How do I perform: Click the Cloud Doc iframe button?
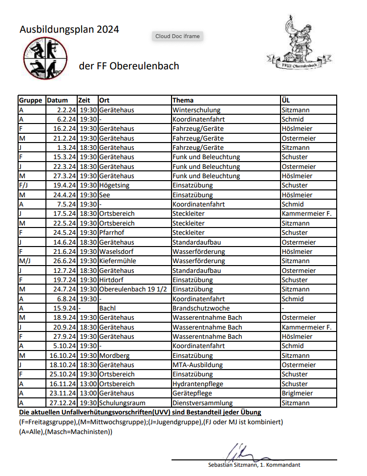(178, 36)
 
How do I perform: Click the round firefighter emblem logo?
(44, 58)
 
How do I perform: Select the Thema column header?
(183, 101)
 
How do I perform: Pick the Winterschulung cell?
(196, 110)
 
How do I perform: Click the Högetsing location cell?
(116, 186)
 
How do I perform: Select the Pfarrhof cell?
(112, 233)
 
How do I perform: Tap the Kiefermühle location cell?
(118, 261)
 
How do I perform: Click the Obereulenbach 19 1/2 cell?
(133, 290)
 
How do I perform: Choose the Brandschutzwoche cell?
(201, 309)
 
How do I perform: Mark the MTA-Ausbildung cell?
(197, 365)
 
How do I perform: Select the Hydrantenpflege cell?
(198, 384)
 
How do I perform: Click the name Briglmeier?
(298, 393)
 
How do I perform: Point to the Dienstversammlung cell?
(202, 403)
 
